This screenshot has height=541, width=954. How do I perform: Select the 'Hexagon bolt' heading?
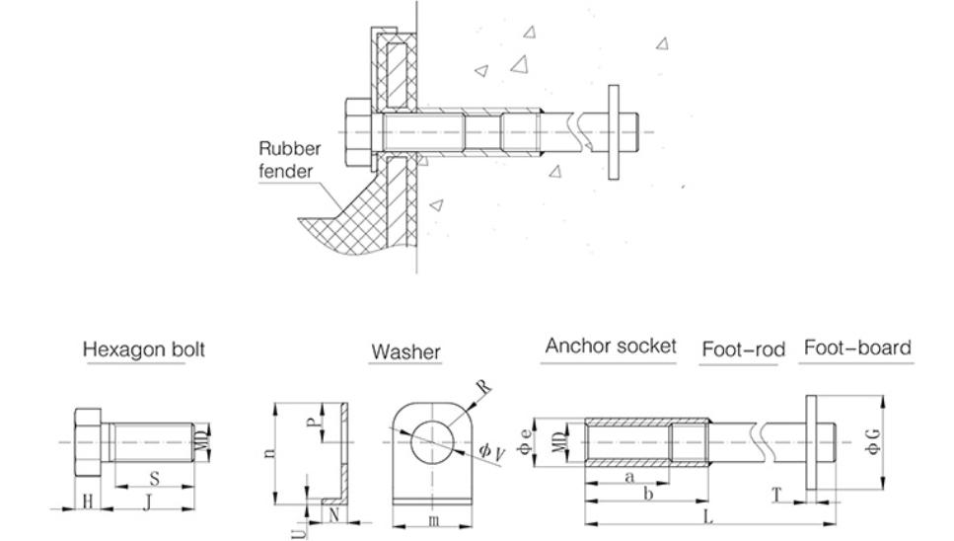[144, 349]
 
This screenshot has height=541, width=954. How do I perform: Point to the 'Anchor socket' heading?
[611, 347]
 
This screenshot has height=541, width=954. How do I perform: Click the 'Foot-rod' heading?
[743, 348]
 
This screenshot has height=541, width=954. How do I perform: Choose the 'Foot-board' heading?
[857, 348]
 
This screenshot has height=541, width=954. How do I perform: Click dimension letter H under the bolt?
[87, 502]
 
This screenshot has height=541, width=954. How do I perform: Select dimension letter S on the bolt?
[154, 478]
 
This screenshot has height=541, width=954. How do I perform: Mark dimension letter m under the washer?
[433, 520]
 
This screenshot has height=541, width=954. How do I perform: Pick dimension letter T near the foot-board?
[778, 492]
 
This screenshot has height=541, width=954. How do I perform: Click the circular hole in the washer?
[433, 440]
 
